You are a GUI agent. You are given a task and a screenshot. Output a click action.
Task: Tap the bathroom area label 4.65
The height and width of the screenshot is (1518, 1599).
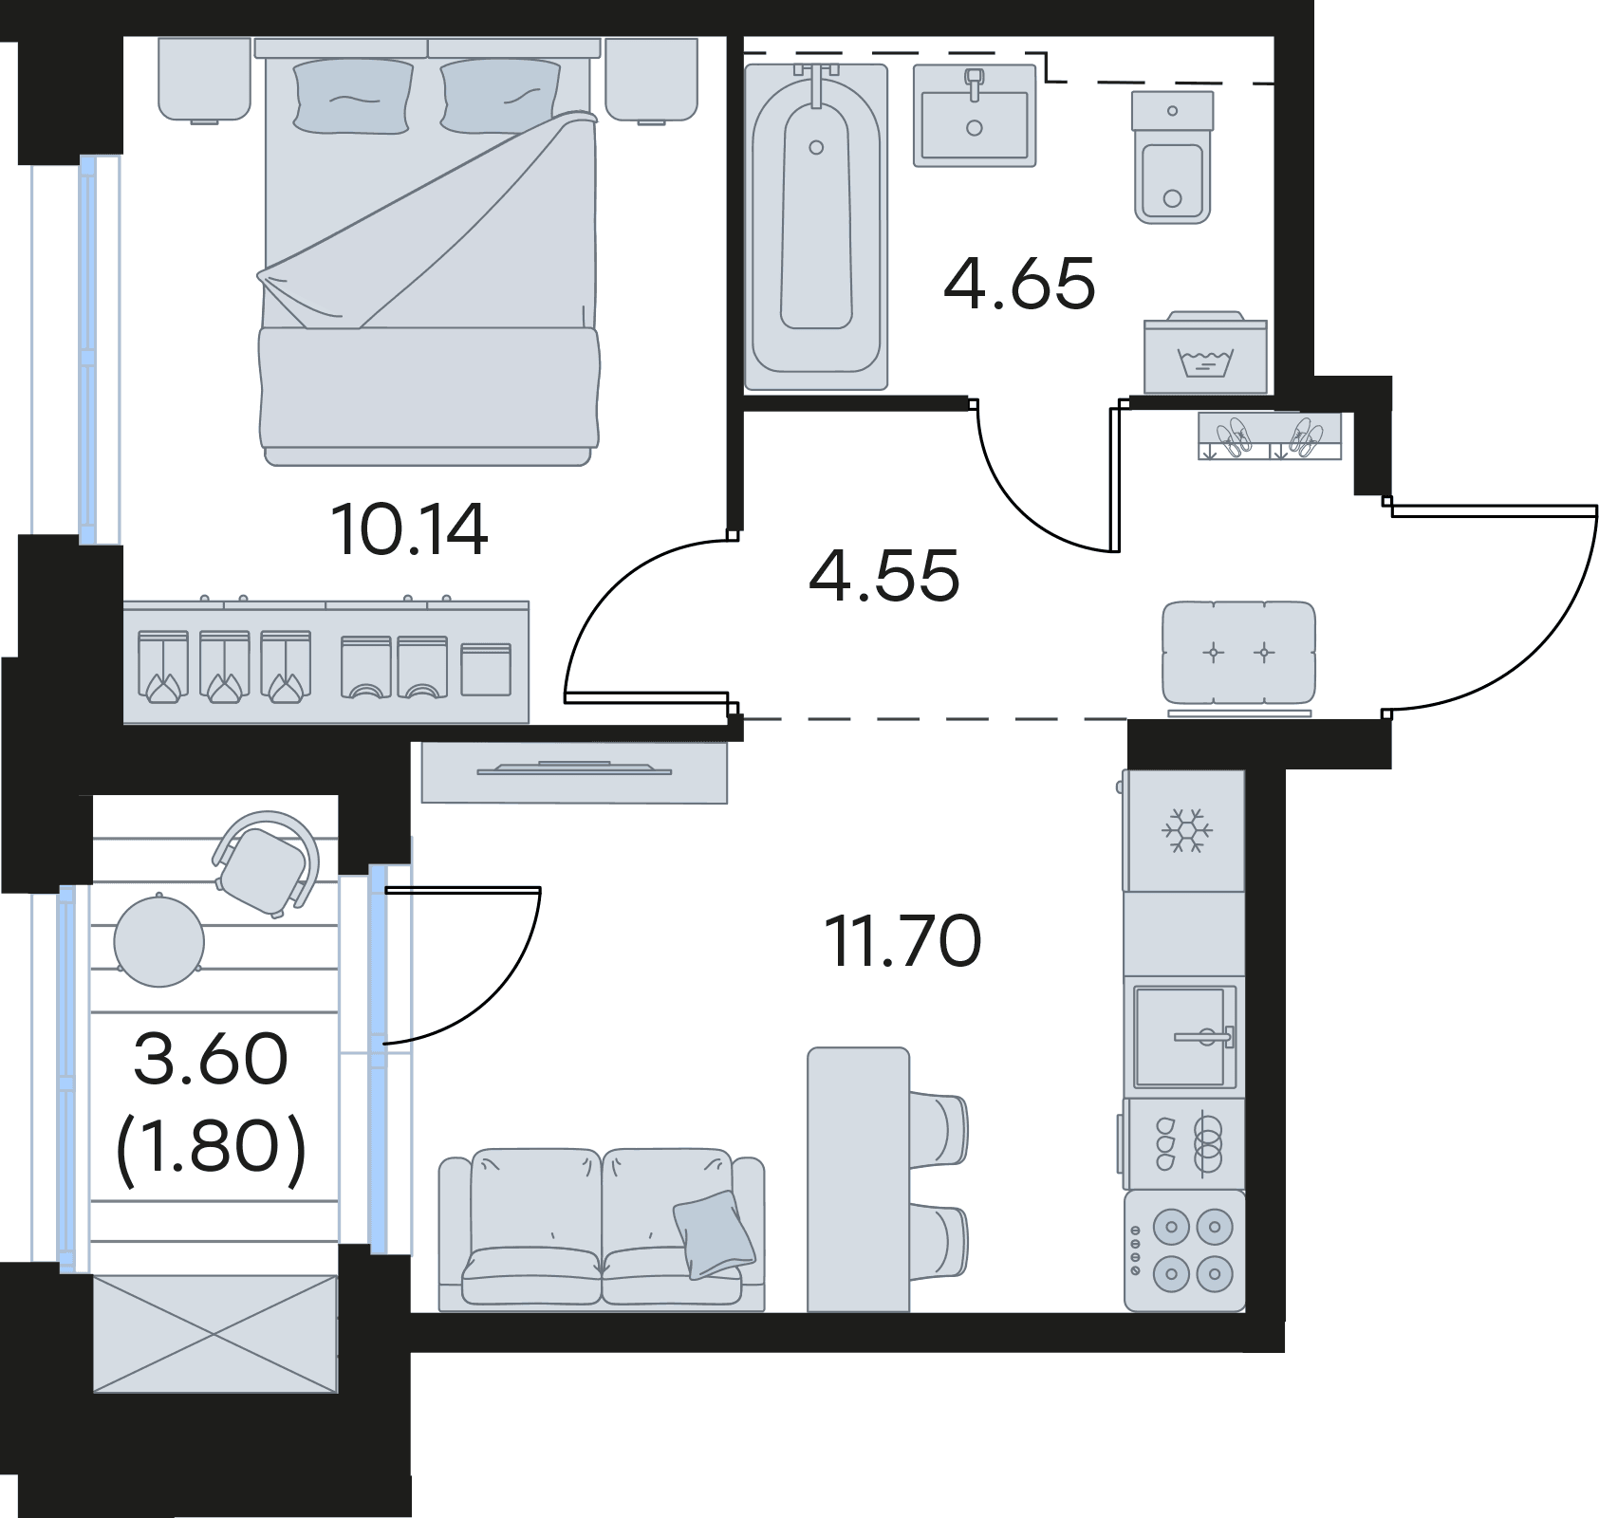(x=1020, y=284)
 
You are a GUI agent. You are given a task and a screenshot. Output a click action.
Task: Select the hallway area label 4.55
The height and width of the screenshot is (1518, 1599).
(x=884, y=576)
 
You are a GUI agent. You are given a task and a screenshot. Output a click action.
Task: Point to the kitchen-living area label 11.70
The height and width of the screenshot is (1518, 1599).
(x=902, y=941)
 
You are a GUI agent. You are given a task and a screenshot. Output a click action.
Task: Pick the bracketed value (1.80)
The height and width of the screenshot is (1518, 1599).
(x=211, y=1146)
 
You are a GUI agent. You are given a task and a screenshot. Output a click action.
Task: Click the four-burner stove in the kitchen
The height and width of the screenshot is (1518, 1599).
(x=1185, y=1250)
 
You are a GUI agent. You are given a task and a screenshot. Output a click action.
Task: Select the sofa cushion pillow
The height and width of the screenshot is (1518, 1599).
(x=714, y=1233)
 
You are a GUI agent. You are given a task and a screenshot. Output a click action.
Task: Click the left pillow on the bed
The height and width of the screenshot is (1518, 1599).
(x=353, y=96)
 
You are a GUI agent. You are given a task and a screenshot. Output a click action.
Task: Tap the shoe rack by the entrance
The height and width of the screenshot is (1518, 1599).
(x=1270, y=436)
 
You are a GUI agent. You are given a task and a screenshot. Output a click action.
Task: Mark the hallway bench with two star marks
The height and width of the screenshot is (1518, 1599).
(x=1239, y=654)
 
